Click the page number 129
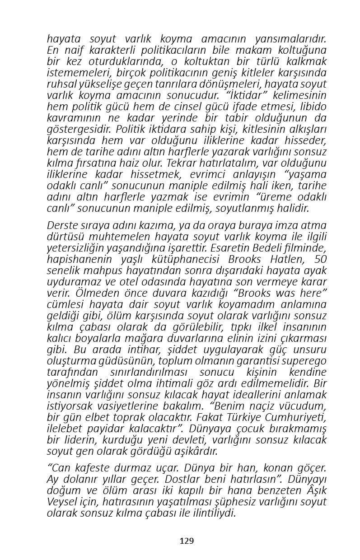point(187,541)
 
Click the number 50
point(318,259)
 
